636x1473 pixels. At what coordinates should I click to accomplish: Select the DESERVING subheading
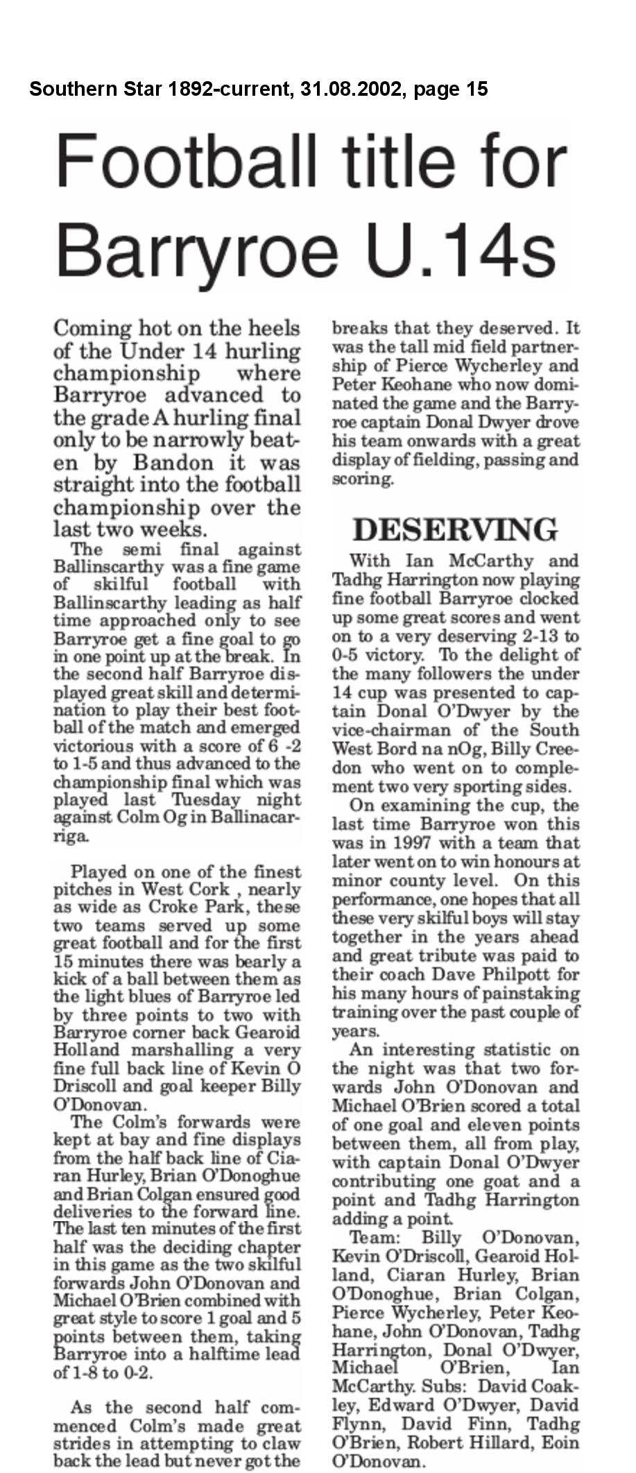pyautogui.click(x=454, y=530)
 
